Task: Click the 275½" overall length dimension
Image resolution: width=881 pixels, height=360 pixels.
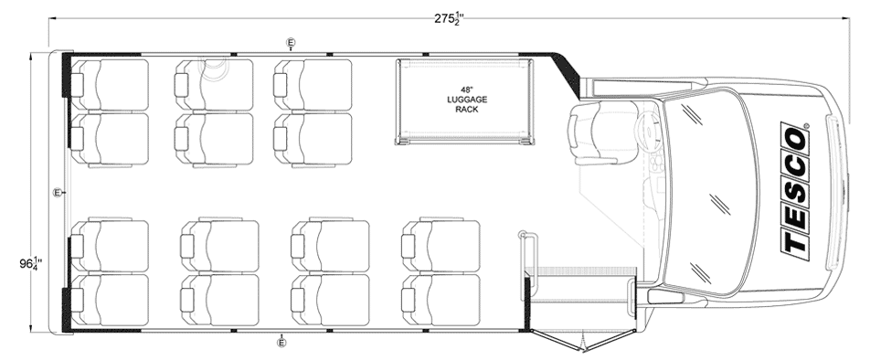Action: coord(449,18)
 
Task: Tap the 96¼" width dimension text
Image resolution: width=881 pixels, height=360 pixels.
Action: coord(30,261)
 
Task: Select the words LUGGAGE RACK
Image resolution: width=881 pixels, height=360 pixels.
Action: coord(466,104)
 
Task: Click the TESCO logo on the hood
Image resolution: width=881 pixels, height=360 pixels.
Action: coord(796,191)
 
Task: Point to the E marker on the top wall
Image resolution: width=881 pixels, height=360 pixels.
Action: coord(291,42)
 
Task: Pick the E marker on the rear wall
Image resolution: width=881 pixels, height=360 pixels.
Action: coord(58,193)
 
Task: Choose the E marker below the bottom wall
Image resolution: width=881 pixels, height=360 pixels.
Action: coord(281,343)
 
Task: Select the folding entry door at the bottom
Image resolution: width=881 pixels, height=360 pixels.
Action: coord(584,340)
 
